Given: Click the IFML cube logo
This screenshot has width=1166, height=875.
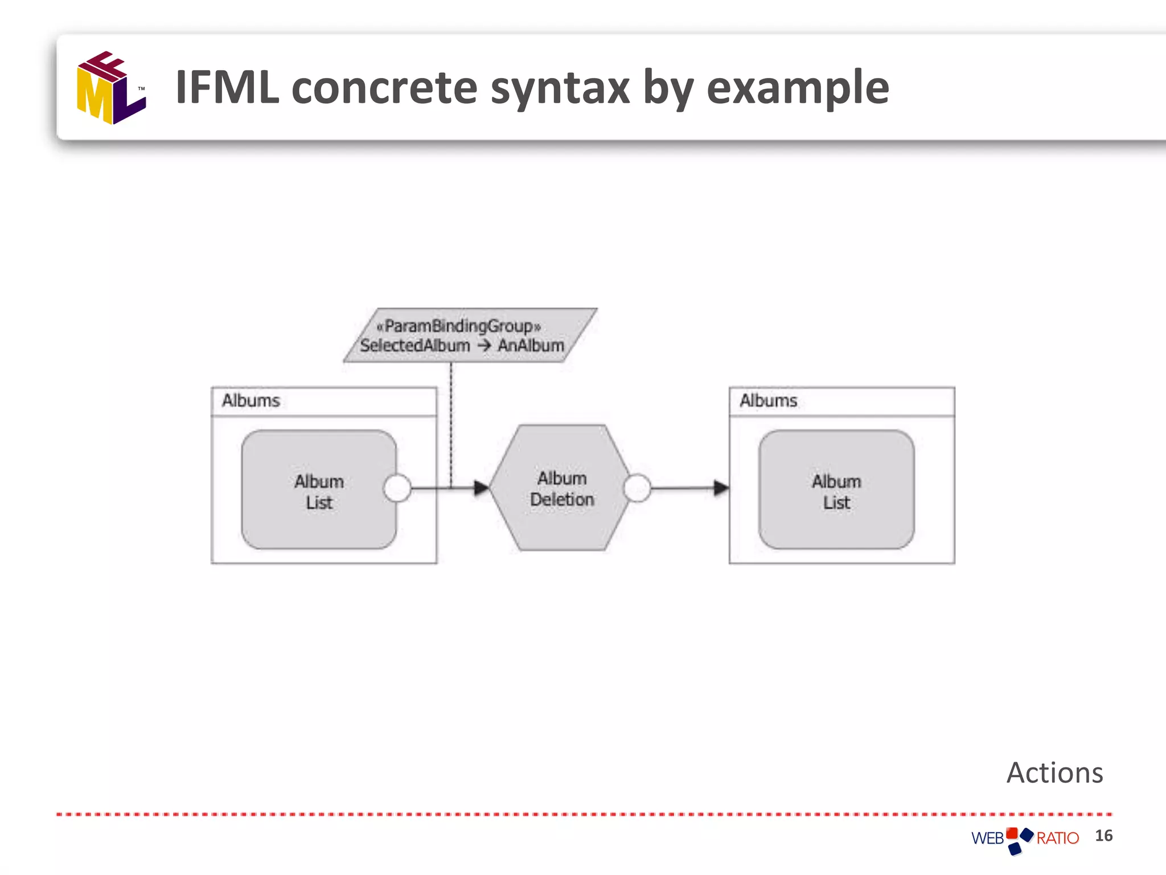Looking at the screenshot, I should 111,88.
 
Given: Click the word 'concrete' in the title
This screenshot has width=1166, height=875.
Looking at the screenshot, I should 384,88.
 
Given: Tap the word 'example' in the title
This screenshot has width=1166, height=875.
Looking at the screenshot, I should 797,88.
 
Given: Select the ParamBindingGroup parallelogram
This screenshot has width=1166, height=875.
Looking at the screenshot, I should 470,335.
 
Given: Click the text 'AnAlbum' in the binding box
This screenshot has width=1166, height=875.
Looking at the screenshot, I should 531,345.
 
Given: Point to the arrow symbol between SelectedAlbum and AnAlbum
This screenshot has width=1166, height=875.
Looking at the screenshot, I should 484,345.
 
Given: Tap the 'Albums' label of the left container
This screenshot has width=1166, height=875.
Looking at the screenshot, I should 251,400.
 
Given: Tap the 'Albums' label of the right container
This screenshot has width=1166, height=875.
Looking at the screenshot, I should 768,400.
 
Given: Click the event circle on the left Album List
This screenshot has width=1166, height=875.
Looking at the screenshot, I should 397,488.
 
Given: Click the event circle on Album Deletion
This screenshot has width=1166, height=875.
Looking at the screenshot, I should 637,488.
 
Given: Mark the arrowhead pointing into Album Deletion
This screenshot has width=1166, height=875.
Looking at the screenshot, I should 482,488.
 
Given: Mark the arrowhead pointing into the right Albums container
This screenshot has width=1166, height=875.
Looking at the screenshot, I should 721,488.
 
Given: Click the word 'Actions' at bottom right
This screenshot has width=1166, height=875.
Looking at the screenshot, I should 1054,773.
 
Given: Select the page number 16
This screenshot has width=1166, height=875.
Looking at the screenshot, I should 1103,836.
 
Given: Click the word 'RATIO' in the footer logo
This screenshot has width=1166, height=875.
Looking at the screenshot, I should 1057,838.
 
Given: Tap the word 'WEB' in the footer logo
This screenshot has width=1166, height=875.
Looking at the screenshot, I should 987,838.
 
